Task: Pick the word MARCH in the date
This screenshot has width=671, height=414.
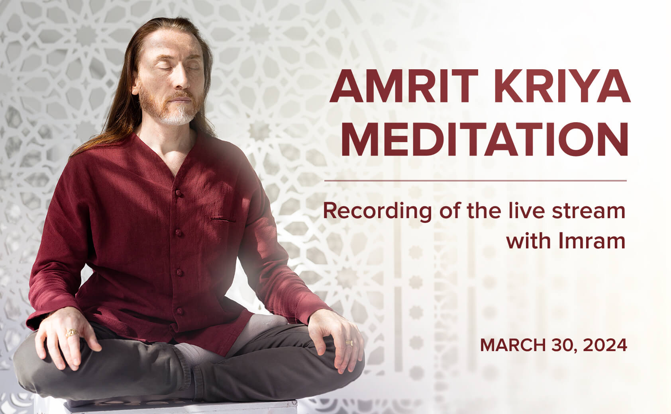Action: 513,345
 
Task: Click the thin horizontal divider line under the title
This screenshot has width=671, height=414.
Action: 475,181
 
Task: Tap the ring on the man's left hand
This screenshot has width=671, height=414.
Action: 349,343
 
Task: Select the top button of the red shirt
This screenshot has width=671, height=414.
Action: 179,193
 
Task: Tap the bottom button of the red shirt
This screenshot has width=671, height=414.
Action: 179,311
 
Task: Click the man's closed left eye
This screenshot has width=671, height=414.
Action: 193,68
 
